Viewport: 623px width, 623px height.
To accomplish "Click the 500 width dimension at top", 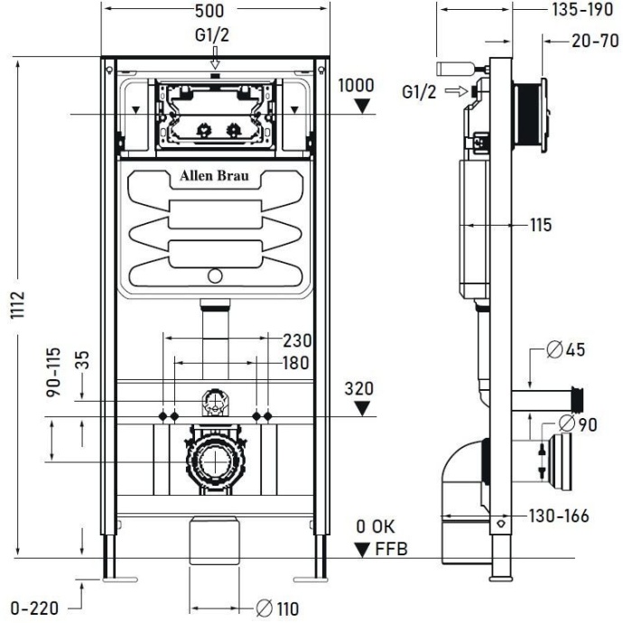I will (x=214, y=10).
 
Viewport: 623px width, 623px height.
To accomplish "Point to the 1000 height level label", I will (x=356, y=85).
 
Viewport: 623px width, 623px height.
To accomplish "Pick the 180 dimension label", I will (x=294, y=362).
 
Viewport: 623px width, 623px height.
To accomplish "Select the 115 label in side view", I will (x=540, y=226).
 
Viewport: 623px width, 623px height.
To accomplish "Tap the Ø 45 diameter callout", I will (x=564, y=350).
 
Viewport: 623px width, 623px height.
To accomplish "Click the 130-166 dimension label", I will (x=559, y=516).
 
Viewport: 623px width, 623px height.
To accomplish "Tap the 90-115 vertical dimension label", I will (x=53, y=376).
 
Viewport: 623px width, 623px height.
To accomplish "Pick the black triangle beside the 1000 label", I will (x=362, y=105).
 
